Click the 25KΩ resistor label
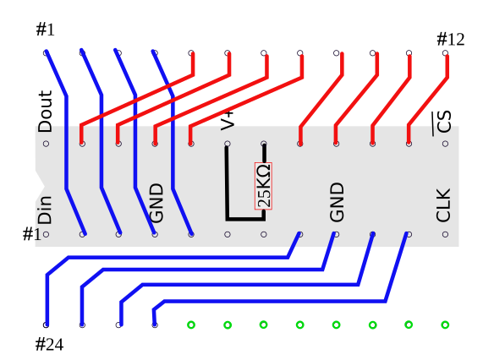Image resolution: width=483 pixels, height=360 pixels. coord(263,186)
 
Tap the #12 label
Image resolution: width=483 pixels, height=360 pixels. coord(451,40)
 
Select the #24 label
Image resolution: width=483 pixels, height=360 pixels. coord(49,344)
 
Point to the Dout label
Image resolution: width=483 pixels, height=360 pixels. coord(45,112)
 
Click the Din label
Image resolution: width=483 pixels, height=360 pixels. coord(45,210)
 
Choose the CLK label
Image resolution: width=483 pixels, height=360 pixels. coord(443,205)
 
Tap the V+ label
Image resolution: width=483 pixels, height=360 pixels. coord(228,121)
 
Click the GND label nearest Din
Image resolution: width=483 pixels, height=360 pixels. coord(156,203)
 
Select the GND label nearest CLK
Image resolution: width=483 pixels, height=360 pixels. coord(337,202)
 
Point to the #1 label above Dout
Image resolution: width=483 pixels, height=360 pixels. coord(46,30)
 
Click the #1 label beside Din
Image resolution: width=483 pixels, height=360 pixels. coord(32,234)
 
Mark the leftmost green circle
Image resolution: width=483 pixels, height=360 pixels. coord(191,325)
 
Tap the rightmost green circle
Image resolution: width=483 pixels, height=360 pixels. coord(445,325)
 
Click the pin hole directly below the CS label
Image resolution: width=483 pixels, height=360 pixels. coord(445,144)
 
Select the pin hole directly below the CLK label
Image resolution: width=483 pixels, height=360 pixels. coord(445,234)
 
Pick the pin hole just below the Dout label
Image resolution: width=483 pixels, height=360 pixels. coord(46,144)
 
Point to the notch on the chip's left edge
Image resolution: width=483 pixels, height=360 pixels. coord(40,179)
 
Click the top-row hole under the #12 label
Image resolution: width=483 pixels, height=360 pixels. coord(445,53)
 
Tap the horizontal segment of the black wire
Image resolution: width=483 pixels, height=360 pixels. coord(245,219)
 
